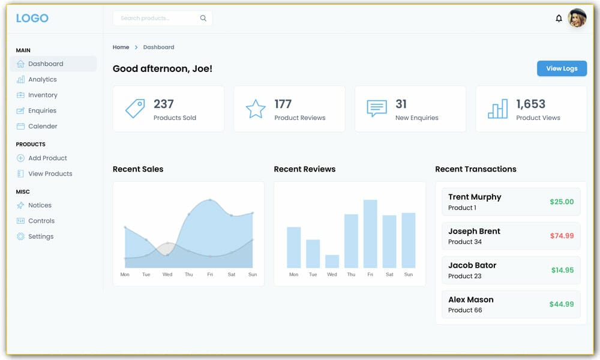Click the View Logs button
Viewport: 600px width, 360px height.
click(x=562, y=68)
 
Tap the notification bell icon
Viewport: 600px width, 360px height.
click(x=559, y=19)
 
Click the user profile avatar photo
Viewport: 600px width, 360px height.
click(x=577, y=18)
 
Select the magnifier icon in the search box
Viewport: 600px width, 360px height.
click(x=203, y=19)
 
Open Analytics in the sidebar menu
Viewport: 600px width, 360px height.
click(x=42, y=79)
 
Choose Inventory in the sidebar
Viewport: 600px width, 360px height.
click(x=43, y=95)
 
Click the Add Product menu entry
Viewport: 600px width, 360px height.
click(x=47, y=158)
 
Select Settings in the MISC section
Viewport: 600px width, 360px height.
click(x=41, y=236)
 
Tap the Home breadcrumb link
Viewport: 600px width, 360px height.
click(x=121, y=47)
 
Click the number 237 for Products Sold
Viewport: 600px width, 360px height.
click(x=164, y=104)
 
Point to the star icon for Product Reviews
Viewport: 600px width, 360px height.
click(x=256, y=109)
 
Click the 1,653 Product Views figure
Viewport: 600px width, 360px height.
click(x=530, y=104)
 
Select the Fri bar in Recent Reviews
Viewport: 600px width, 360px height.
click(x=370, y=233)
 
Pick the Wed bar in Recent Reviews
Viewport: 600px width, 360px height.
click(x=332, y=261)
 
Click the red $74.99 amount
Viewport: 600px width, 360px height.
click(x=562, y=236)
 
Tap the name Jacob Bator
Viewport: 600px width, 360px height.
click(x=472, y=265)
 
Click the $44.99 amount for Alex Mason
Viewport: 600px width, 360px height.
click(x=562, y=304)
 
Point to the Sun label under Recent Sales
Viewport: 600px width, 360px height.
click(x=252, y=274)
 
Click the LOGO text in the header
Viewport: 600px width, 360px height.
click(x=32, y=18)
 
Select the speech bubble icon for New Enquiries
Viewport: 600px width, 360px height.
click(x=376, y=109)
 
